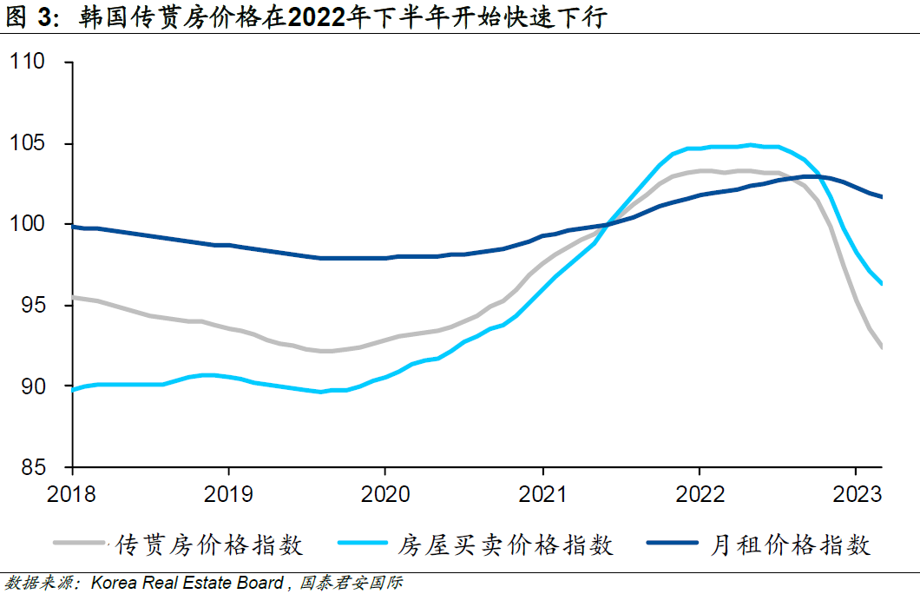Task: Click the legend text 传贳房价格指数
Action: click(208, 544)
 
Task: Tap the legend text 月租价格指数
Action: click(790, 544)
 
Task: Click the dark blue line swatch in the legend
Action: click(673, 544)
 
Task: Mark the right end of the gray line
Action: click(882, 347)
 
